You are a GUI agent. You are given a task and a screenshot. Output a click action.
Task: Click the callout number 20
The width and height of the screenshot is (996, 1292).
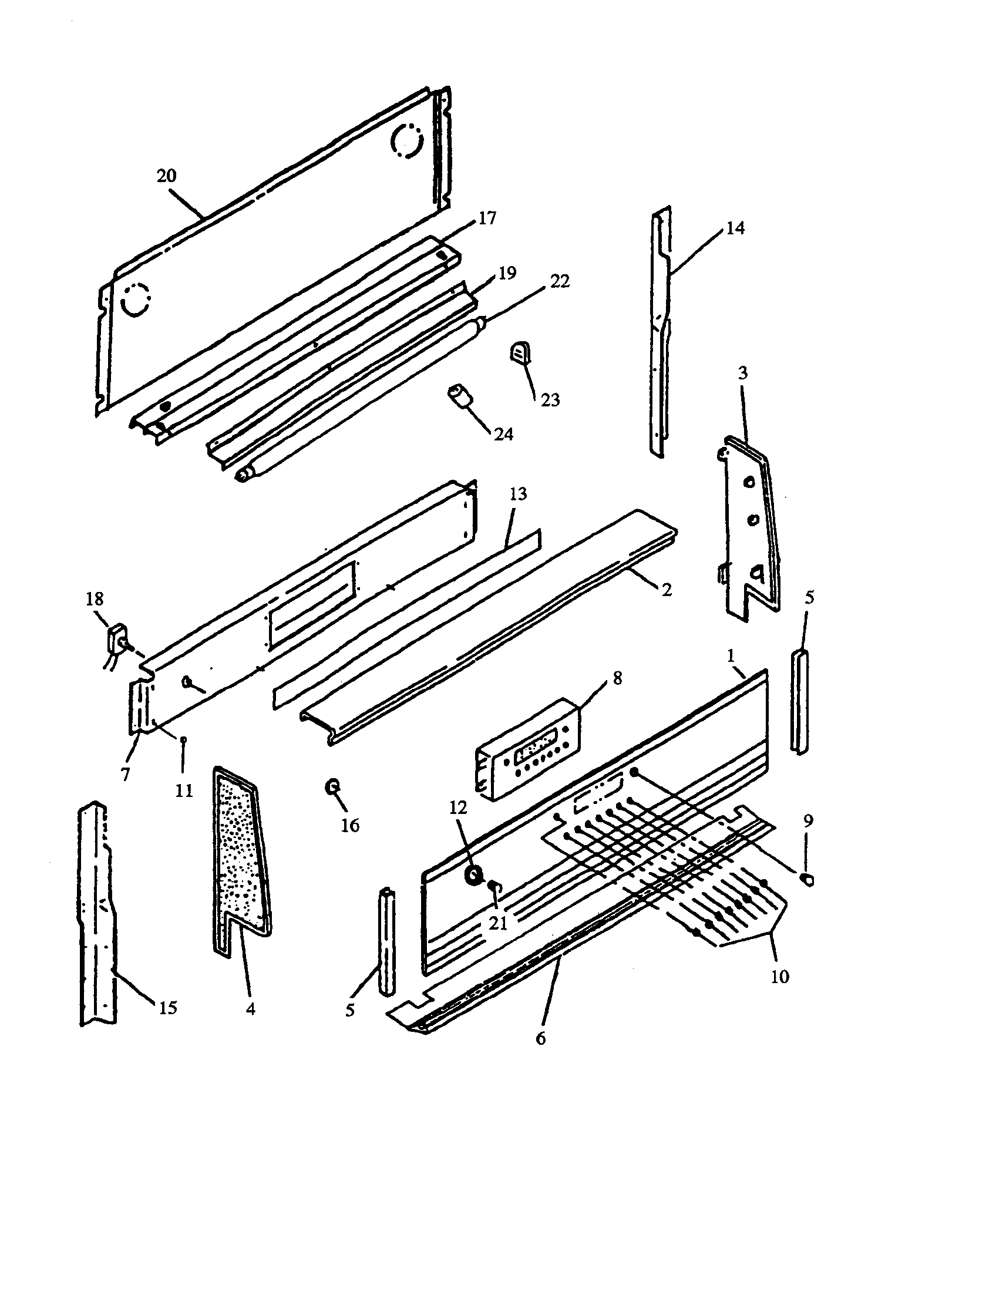pos(167,176)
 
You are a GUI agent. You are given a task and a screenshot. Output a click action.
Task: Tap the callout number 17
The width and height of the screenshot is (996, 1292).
pos(487,218)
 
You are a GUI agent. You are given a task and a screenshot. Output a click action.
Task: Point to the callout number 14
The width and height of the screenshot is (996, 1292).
pos(735,228)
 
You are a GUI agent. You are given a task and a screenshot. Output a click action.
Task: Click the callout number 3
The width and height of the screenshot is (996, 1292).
pos(743,373)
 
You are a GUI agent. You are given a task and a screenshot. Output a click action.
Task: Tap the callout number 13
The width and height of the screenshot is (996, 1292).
pos(518,493)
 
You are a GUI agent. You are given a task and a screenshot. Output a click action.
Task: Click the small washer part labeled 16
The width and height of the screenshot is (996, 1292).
pos(332,786)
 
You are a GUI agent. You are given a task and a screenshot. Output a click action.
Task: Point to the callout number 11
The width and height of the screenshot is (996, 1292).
pos(184,790)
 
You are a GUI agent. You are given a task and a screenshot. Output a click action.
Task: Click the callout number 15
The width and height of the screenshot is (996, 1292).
pos(168,1007)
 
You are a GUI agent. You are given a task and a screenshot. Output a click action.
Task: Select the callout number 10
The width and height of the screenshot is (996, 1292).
pos(780,977)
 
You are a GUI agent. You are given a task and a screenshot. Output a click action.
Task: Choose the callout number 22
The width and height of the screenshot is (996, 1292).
pos(559,281)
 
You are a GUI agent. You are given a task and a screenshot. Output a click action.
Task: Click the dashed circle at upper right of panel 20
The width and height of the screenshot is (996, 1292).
pos(408,142)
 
